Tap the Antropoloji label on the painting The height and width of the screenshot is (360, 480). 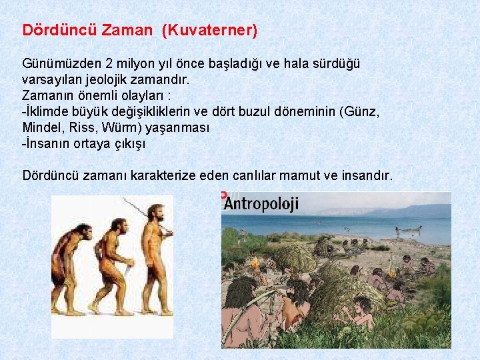[261, 203]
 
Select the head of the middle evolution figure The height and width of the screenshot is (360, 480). [119, 224]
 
